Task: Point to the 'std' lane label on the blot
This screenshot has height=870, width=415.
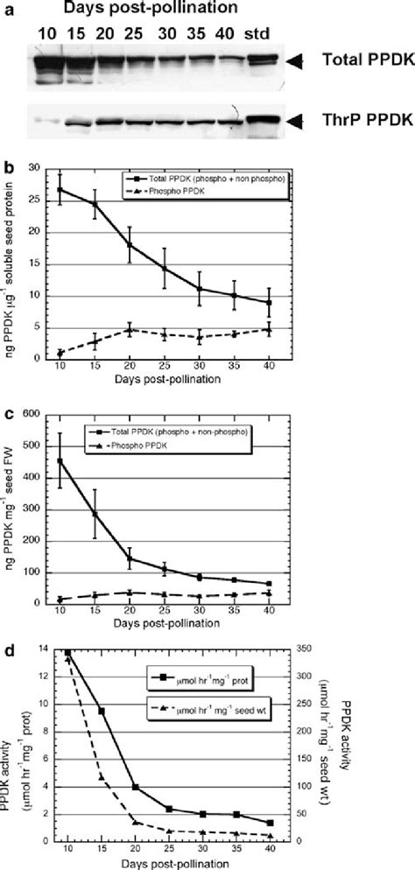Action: coord(260,35)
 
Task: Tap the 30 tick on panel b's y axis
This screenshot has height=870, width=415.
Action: coord(35,167)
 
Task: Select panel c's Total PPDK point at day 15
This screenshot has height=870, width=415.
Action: coord(95,514)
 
